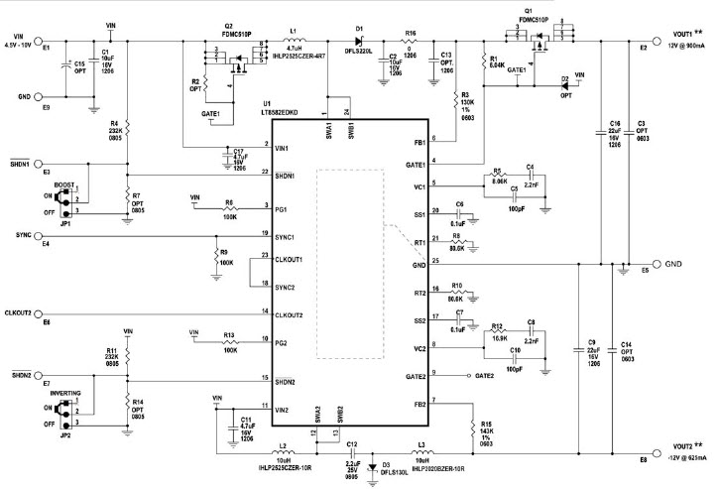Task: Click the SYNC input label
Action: click(17, 234)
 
